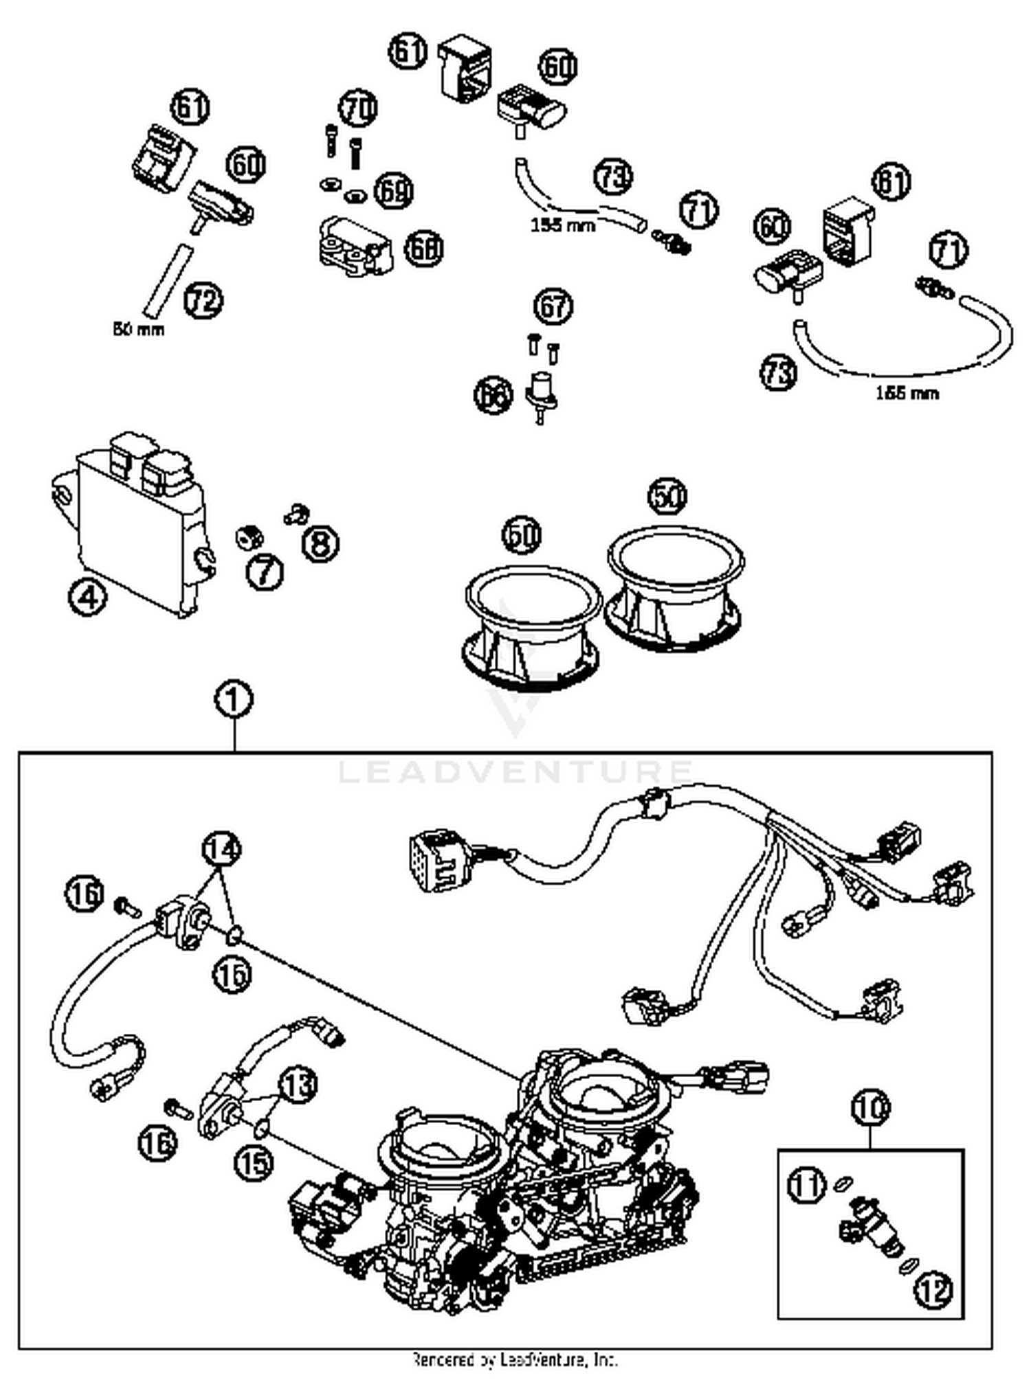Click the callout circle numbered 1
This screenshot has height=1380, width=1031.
(234, 700)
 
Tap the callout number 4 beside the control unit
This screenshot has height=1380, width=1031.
(88, 598)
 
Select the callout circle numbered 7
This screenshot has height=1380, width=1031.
(265, 572)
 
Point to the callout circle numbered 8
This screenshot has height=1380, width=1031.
(320, 543)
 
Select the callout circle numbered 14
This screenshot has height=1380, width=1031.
(221, 850)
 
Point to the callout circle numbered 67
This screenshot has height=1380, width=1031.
(553, 307)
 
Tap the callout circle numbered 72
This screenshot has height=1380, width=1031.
(204, 301)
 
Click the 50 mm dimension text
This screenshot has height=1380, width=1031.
(139, 330)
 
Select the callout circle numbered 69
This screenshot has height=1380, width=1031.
(393, 191)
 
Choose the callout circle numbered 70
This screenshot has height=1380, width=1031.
(357, 109)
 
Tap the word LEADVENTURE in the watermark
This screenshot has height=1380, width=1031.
(515, 771)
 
